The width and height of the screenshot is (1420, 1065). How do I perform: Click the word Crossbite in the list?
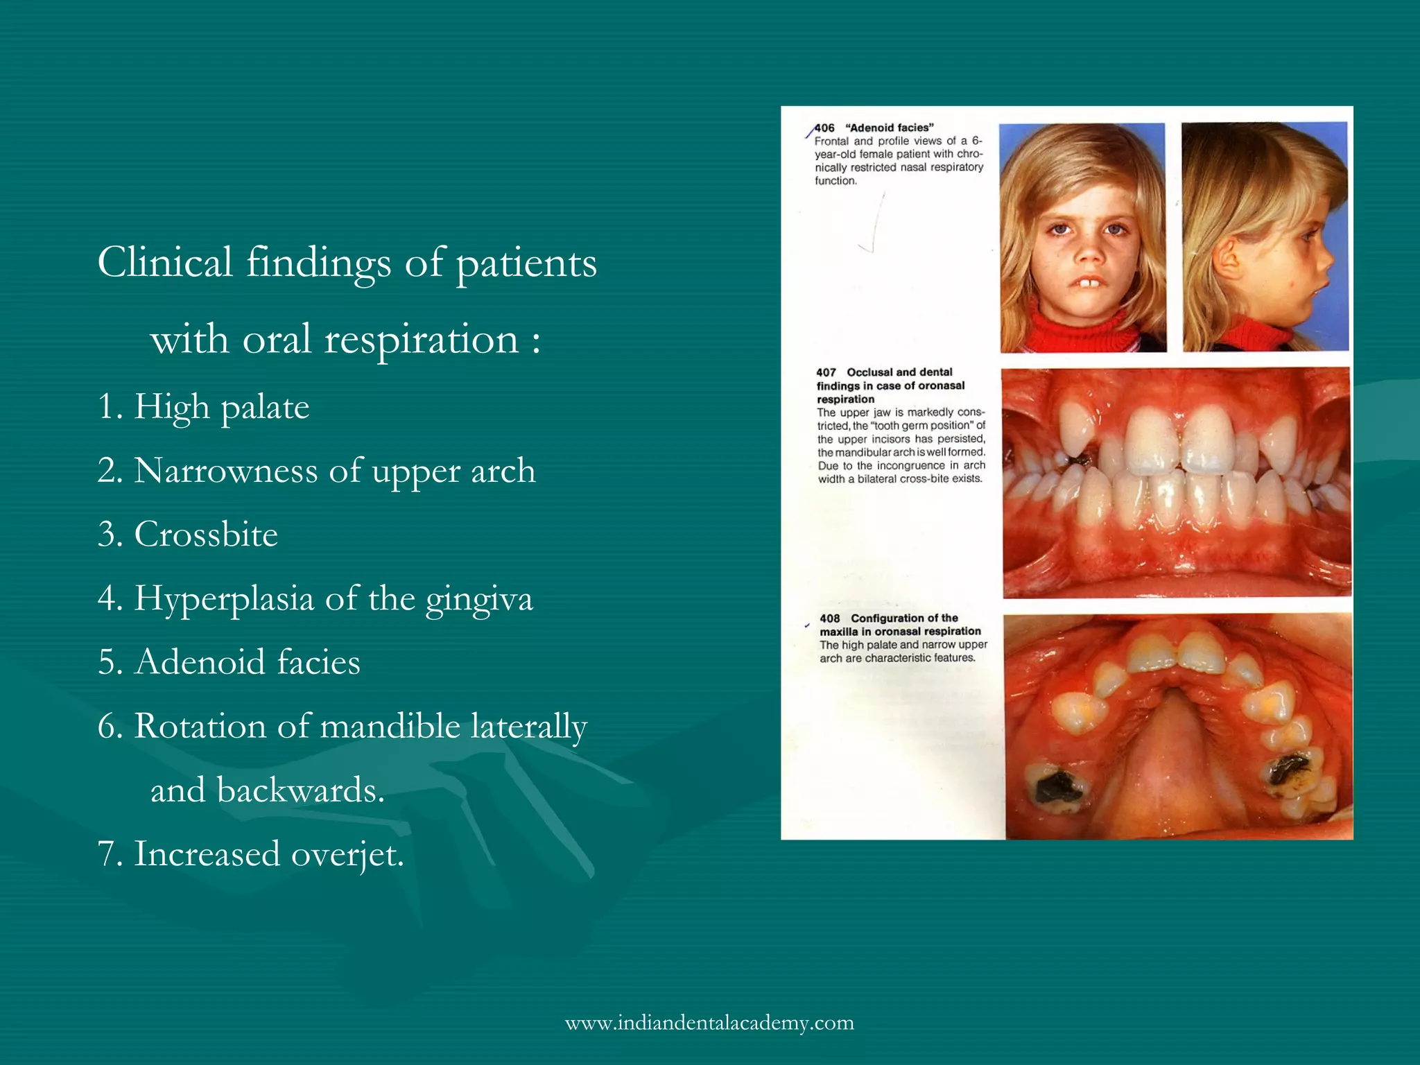(x=206, y=535)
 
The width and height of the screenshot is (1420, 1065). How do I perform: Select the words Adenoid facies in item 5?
(x=248, y=662)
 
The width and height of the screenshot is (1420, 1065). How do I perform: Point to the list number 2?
(x=110, y=471)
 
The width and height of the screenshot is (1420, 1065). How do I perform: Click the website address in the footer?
(x=709, y=1023)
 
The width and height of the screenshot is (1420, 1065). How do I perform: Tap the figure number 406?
(x=824, y=128)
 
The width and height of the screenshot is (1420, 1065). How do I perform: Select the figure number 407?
(x=826, y=372)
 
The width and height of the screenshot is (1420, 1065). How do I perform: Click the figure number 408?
(x=829, y=618)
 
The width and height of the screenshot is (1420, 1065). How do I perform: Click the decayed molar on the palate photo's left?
(x=1053, y=786)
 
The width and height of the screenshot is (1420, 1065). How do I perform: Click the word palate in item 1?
(x=265, y=407)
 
